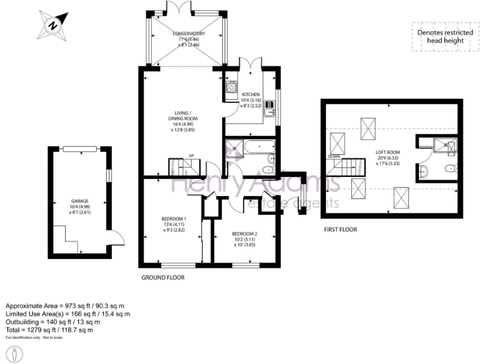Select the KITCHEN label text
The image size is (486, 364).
(251, 95)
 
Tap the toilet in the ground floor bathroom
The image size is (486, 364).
(268, 169)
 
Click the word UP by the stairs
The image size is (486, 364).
(190, 157)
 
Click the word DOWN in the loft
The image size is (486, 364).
(335, 156)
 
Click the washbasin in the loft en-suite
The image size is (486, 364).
(424, 171)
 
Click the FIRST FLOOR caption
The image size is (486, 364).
(339, 229)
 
